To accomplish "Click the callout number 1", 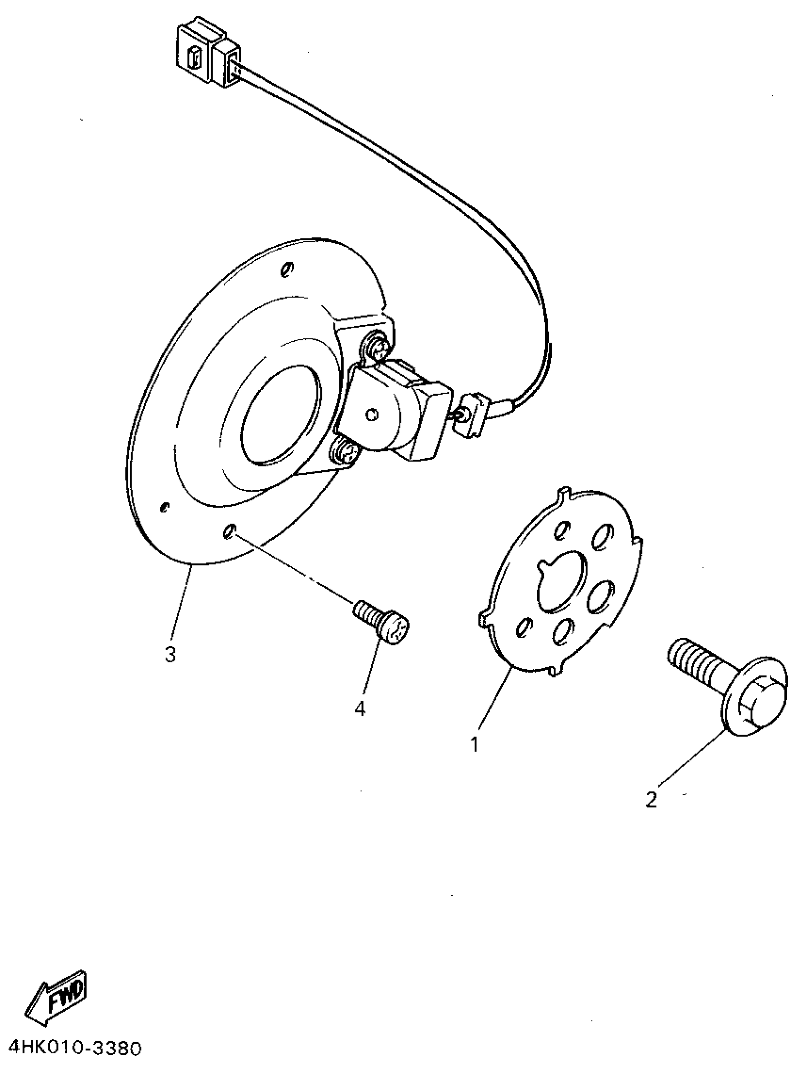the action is pyautogui.click(x=475, y=745).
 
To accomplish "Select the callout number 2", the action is pyautogui.click(x=651, y=800).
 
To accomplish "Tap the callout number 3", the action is pyautogui.click(x=170, y=655).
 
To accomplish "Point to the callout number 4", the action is pyautogui.click(x=360, y=708).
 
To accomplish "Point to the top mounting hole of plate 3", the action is pyautogui.click(x=286, y=269).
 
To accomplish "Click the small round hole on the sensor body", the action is pyautogui.click(x=371, y=415).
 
